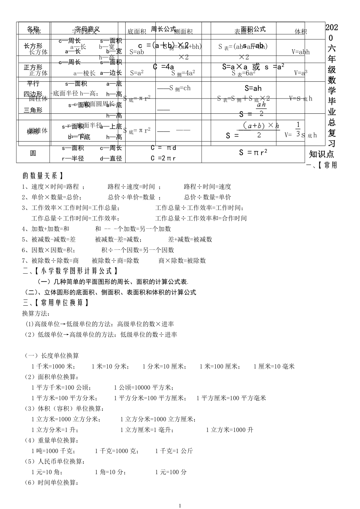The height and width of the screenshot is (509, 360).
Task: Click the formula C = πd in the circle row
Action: pos(164,148)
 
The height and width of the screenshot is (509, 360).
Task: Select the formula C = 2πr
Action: pos(164,159)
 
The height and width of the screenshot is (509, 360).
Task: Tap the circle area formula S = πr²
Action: pos(253,152)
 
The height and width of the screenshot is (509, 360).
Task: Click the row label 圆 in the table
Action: pos(33,153)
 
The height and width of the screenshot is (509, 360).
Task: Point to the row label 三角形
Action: pos(33,110)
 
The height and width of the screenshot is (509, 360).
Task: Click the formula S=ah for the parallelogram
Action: pos(253,88)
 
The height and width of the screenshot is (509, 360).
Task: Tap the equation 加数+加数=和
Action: pos(50,229)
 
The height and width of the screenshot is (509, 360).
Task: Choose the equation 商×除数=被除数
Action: pos(182,260)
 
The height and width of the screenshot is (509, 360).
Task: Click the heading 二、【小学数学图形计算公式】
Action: pos(70,271)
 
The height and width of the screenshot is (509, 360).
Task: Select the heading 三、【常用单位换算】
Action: pos(56,303)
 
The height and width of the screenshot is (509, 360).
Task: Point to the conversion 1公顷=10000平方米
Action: pos(144,387)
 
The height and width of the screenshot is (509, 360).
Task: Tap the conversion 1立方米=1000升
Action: pos(229,430)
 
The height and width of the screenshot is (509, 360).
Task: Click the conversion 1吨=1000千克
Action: pos(53,451)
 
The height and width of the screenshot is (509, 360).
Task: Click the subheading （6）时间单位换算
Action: pos(52,482)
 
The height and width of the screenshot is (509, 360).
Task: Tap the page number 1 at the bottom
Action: pos(180,505)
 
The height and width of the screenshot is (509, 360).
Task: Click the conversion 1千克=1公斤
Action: pos(174,451)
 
